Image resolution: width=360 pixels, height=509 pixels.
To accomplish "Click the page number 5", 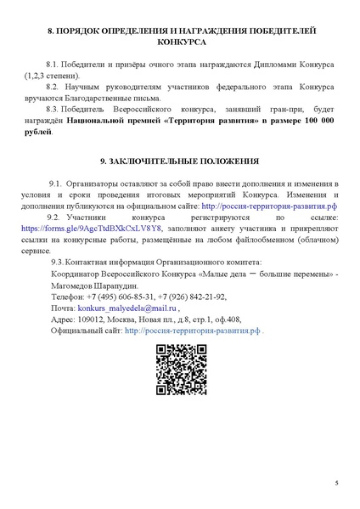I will coord(336,483).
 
